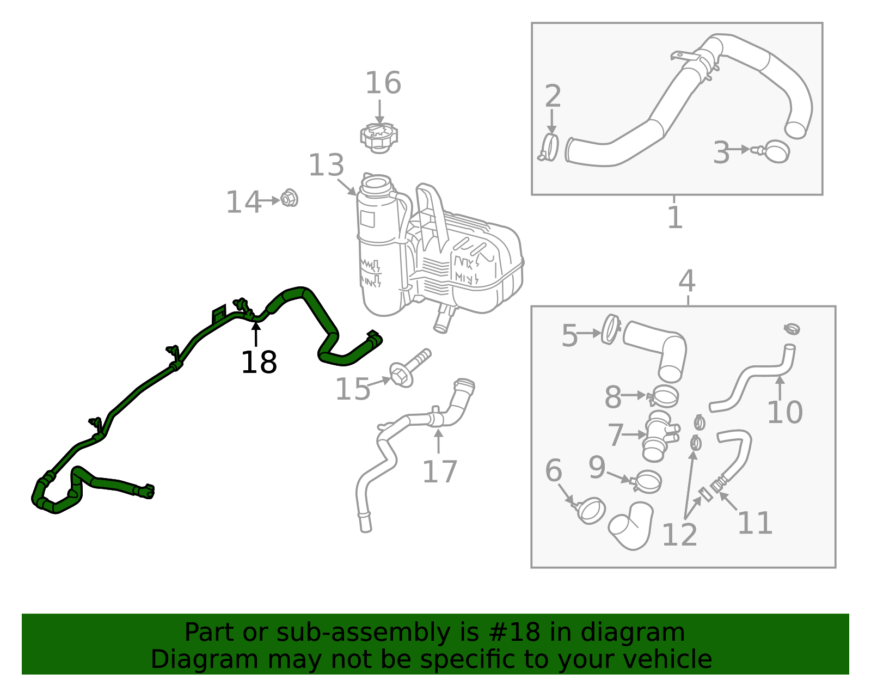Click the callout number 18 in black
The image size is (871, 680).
259,362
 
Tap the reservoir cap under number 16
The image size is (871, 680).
379,138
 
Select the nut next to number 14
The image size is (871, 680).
289,198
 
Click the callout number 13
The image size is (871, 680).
326,165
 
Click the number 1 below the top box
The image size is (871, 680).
675,217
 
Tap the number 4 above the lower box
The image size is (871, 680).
687,281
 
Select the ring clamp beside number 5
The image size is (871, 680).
611,329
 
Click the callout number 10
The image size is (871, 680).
784,412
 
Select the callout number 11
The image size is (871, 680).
755,523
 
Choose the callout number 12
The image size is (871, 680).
680,535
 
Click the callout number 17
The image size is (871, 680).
440,471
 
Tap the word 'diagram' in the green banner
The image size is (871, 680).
632,634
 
